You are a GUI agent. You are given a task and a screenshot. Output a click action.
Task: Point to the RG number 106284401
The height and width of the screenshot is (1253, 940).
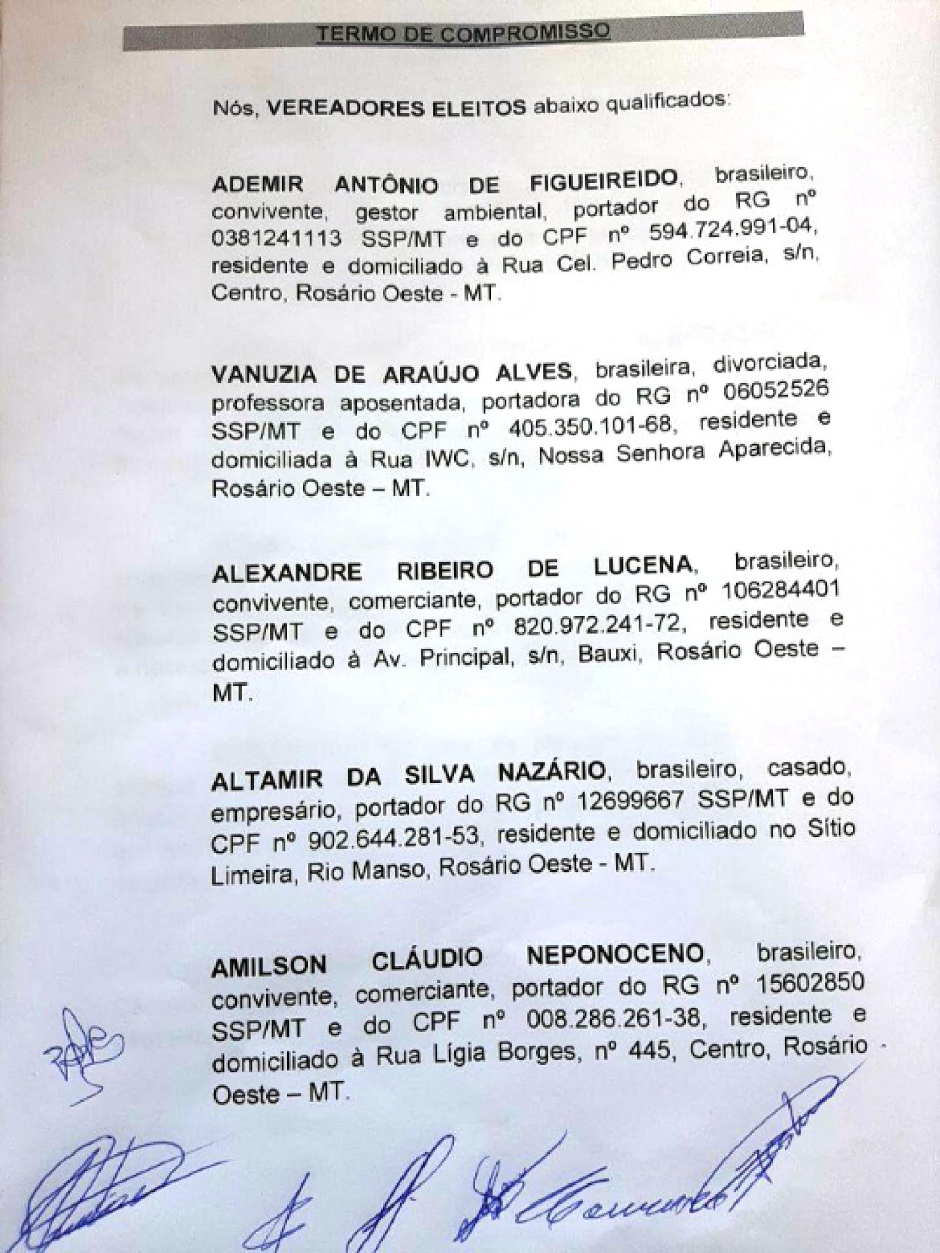(780, 592)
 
